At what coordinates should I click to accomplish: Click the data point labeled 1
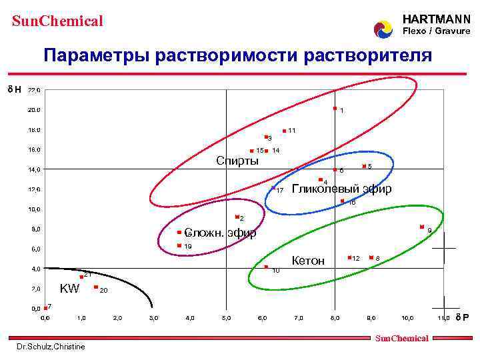(335, 109)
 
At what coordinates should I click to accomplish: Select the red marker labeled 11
(284, 131)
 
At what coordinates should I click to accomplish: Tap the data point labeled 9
(422, 227)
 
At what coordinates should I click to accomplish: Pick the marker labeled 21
(81, 277)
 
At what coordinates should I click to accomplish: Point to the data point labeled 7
(45, 307)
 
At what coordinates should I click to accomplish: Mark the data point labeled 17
(273, 189)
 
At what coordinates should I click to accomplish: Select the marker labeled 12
(349, 257)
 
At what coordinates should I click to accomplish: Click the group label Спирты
(237, 161)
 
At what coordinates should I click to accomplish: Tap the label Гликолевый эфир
(341, 189)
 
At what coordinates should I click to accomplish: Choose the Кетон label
(309, 261)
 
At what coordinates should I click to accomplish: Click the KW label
(69, 289)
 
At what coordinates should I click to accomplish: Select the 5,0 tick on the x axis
(227, 318)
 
